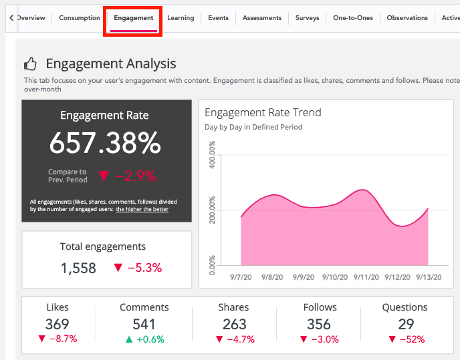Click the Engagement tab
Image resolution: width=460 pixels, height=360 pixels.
pyautogui.click(x=133, y=18)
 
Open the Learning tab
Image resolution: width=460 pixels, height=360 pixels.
pyautogui.click(x=181, y=18)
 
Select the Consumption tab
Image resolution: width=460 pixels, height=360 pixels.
pyautogui.click(x=79, y=18)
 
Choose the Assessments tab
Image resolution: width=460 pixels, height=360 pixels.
pyautogui.click(x=262, y=18)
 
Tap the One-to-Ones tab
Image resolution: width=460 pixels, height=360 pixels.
pyautogui.click(x=352, y=18)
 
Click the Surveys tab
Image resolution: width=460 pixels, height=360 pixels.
pyautogui.click(x=307, y=18)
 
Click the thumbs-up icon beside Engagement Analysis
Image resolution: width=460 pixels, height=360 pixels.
pyautogui.click(x=30, y=64)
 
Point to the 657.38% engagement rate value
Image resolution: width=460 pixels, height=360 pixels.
pyautogui.click(x=106, y=143)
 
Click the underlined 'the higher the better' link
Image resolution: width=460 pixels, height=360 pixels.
pyautogui.click(x=142, y=209)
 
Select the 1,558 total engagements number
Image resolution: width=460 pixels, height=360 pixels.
pyautogui.click(x=78, y=268)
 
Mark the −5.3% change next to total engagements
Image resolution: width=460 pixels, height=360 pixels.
pyautogui.click(x=138, y=268)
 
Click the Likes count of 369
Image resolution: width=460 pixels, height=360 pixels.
pyautogui.click(x=57, y=324)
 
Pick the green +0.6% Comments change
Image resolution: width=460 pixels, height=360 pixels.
pyautogui.click(x=144, y=339)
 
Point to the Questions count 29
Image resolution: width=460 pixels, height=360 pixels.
pyautogui.click(x=405, y=324)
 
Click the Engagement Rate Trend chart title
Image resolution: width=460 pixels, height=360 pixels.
pyautogui.click(x=263, y=112)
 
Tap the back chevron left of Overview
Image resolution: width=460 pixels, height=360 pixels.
pyautogui.click(x=11, y=18)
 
